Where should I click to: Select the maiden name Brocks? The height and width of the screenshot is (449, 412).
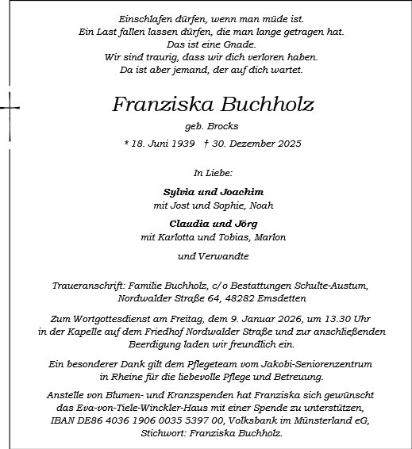[225, 127]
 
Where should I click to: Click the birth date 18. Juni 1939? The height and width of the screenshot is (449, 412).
[161, 144]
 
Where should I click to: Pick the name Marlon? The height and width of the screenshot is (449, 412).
[270, 237]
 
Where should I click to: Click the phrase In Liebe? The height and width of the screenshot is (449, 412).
[213, 172]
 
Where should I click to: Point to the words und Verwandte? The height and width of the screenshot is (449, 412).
[213, 256]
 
